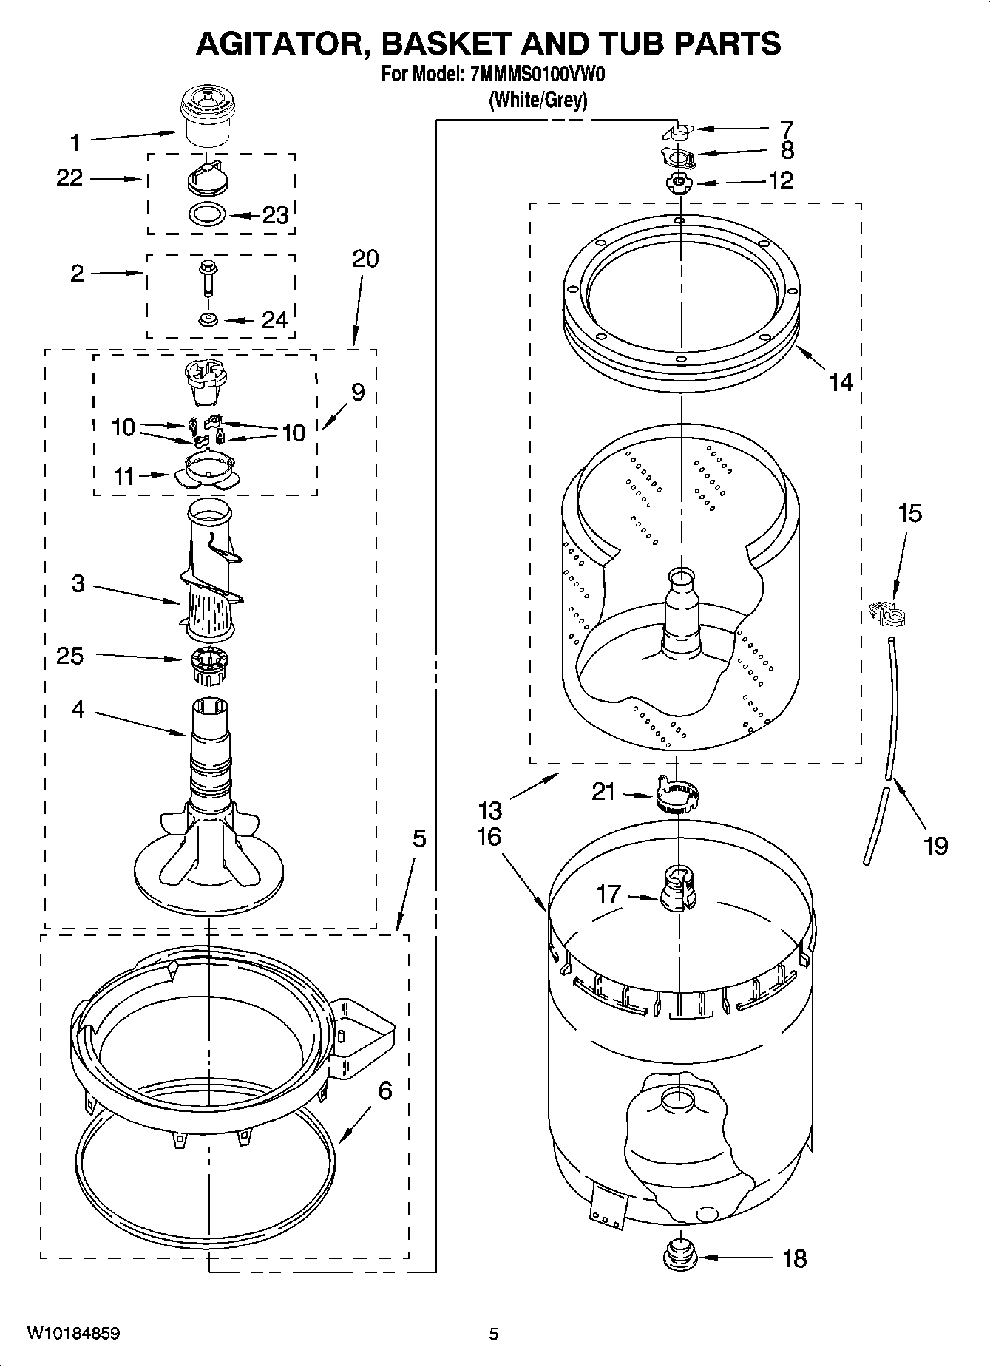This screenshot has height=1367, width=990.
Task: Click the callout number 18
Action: (795, 1259)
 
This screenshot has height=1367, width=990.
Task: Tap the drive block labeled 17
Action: (678, 888)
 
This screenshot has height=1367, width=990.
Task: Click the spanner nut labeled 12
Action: (677, 182)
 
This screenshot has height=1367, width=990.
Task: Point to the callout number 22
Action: (69, 178)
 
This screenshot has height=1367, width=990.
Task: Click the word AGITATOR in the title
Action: (283, 44)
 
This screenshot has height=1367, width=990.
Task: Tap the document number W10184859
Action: (73, 1334)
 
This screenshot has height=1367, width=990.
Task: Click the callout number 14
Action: (841, 383)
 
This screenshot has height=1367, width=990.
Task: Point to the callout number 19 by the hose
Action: (935, 844)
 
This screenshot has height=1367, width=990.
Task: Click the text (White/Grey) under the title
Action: (538, 100)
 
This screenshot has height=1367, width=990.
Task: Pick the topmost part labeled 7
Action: (676, 132)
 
